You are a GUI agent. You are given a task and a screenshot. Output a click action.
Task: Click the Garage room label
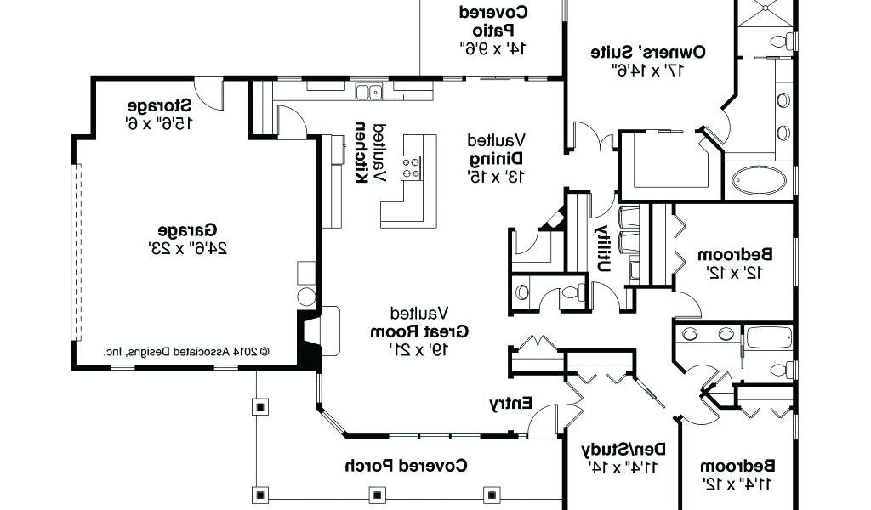coord(187,229)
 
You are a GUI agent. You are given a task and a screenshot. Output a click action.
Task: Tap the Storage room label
coord(159,105)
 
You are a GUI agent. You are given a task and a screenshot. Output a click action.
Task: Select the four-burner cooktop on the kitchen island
coord(412,168)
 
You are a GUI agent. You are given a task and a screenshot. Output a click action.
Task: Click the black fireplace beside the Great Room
coord(309,339)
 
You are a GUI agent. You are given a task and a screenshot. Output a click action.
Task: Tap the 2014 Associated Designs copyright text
coord(186,351)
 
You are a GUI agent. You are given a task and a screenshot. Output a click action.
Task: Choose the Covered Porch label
coord(406,465)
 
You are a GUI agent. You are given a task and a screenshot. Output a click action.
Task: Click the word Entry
coord(511,404)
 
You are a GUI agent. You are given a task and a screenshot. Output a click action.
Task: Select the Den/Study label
coord(623,449)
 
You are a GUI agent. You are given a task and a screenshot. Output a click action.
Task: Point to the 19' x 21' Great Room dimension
coord(419,349)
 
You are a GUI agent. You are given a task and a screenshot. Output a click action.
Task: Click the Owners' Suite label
coord(648,52)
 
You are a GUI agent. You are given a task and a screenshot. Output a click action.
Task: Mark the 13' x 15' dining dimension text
coord(496,177)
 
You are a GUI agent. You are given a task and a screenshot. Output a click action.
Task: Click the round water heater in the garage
coord(306,297)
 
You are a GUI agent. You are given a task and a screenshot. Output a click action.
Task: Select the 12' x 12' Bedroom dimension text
coord(734,273)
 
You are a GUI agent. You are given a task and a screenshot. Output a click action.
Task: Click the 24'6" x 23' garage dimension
coord(187,247)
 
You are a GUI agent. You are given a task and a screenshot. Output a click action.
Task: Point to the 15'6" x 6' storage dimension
coord(159,122)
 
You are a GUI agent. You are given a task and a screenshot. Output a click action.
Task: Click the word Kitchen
coord(361,152)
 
